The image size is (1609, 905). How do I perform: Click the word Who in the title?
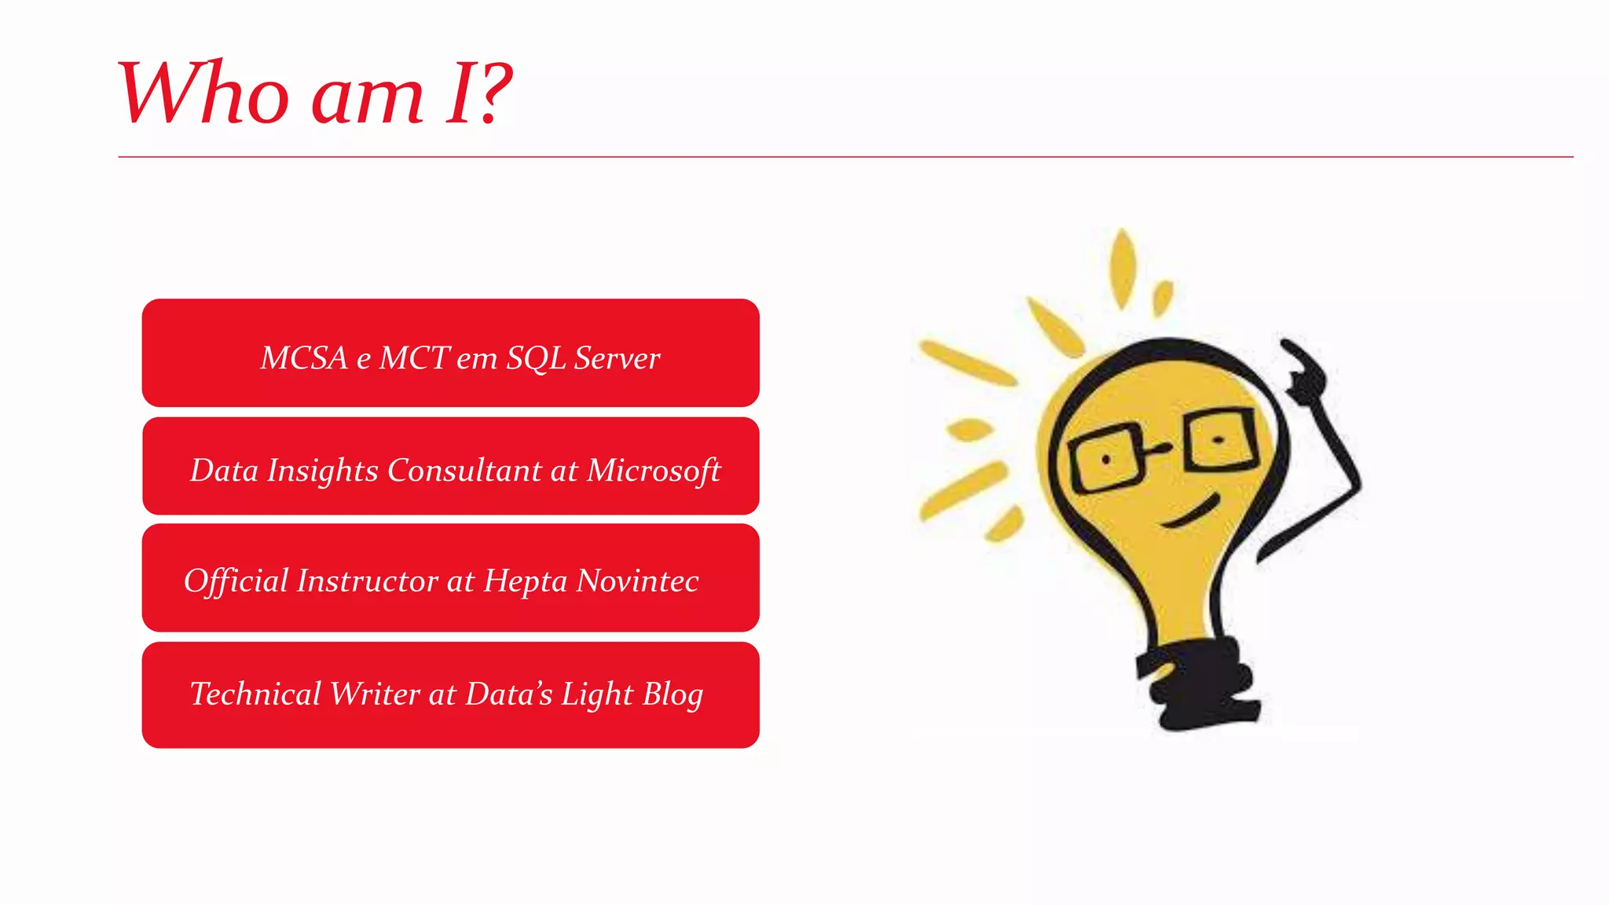click(203, 93)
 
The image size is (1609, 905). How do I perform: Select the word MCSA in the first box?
click(304, 358)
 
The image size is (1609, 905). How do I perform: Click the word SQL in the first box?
click(536, 358)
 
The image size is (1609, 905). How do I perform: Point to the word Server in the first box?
click(617, 358)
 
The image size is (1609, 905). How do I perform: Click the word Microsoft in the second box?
click(654, 471)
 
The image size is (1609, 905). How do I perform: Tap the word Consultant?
click(464, 471)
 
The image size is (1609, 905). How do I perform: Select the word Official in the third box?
click(236, 581)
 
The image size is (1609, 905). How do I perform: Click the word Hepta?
click(525, 582)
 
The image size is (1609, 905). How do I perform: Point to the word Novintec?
click(637, 581)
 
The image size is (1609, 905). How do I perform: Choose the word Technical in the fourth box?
click(255, 694)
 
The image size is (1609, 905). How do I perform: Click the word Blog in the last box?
click(673, 694)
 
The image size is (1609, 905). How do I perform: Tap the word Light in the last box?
click(597, 694)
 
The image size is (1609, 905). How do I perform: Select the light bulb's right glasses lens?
click(1220, 440)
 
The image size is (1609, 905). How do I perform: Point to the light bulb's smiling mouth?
click(1190, 513)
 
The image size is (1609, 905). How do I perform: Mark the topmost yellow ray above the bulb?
click(1123, 267)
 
